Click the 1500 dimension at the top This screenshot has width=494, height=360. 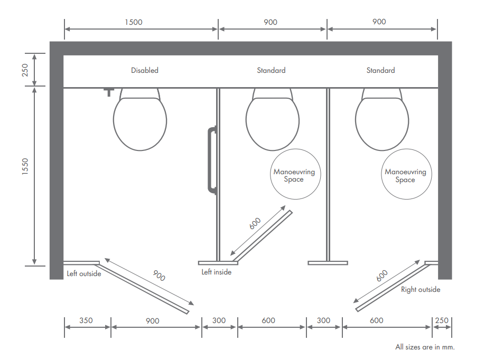tap(133, 22)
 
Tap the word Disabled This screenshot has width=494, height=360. tap(144, 70)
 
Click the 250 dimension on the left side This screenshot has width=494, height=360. tap(25, 69)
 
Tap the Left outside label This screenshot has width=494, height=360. tap(83, 273)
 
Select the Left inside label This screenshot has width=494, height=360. tap(216, 272)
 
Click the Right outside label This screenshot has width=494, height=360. tap(420, 289)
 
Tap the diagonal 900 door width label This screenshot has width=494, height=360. tap(159, 275)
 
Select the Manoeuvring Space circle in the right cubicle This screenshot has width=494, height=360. tap(405, 175)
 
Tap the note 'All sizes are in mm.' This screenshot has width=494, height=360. tap(425, 347)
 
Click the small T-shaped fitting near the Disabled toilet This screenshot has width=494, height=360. tap(109, 92)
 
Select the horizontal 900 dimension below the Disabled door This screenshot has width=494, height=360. tap(152, 320)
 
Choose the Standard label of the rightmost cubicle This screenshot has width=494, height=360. tap(380, 70)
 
